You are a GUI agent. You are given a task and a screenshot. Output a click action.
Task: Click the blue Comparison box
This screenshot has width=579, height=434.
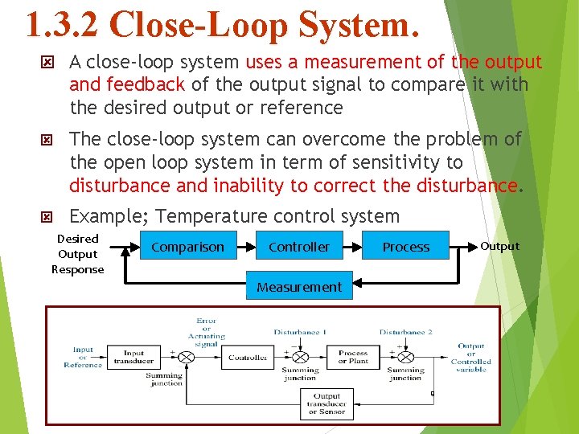[x=188, y=247]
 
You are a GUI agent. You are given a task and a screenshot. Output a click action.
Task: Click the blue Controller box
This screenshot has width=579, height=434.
[x=299, y=247]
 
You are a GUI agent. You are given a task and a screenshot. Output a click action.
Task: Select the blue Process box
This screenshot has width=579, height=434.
[x=406, y=247]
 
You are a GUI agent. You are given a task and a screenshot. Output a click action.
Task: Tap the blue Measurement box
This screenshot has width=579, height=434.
[x=299, y=286]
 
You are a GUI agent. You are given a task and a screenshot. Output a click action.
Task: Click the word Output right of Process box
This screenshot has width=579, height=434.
[x=499, y=246]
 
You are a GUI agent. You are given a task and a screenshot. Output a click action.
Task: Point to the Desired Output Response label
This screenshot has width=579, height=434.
[x=78, y=254]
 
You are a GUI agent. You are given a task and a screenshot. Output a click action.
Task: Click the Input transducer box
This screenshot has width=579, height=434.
[x=134, y=357]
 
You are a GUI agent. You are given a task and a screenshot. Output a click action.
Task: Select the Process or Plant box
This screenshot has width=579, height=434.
[x=353, y=357]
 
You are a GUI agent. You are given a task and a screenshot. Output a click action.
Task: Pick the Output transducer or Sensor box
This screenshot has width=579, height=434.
[x=326, y=403]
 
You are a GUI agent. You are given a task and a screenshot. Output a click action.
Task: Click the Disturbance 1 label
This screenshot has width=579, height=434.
[x=300, y=332]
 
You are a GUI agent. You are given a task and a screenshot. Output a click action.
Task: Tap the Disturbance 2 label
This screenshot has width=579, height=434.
[x=406, y=332]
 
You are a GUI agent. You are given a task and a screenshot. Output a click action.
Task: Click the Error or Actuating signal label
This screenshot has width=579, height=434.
[x=206, y=333]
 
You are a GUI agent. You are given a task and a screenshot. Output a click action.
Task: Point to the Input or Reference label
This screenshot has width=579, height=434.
[x=83, y=358]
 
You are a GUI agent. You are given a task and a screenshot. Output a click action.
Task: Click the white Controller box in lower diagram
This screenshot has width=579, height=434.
[x=248, y=357]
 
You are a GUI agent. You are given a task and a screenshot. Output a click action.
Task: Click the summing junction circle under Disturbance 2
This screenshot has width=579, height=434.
[x=405, y=357]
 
